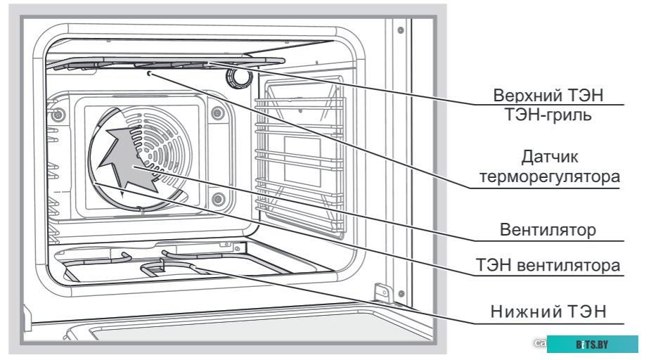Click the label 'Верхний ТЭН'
548,95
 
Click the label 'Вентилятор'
548,229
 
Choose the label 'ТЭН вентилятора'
549,265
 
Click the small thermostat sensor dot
148,72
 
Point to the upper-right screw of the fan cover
216,113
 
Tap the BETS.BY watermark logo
592,345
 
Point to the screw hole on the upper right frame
399,30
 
